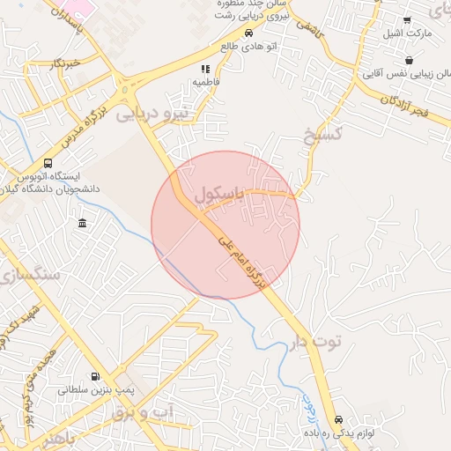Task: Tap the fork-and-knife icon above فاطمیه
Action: click(x=205, y=69)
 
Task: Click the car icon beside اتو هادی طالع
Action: click(x=248, y=33)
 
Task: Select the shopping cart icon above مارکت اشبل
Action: click(x=407, y=20)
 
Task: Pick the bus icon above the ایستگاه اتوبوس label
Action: click(x=47, y=163)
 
